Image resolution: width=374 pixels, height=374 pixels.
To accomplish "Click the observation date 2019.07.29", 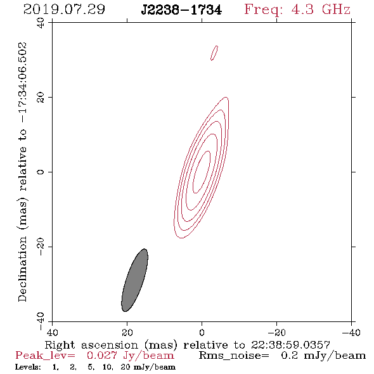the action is tap(64, 10).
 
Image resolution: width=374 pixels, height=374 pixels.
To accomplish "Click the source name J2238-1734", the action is tap(181, 10).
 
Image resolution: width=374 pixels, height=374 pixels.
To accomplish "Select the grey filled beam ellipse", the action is tap(135, 280).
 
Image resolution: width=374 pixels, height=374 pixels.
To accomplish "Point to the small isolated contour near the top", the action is tap(214, 53).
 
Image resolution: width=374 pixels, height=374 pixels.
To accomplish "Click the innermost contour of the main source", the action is tap(202, 172).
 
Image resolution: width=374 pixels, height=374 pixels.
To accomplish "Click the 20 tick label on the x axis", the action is tap(127, 333).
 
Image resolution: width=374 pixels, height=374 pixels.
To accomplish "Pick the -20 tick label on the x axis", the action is tap(276, 333).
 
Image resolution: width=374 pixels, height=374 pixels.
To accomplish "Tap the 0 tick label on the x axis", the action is tap(202, 333).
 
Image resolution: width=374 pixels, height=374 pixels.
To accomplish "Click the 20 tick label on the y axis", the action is tap(41, 98).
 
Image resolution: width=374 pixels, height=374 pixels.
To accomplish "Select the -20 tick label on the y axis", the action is tap(41, 247).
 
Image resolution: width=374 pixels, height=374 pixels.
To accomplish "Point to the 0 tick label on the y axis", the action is tap(41, 172).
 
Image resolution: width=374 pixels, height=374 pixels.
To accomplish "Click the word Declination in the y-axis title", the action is tap(22, 269).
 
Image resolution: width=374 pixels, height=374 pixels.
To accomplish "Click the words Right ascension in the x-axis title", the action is tap(91, 345).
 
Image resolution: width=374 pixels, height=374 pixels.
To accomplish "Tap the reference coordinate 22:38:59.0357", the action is tap(290, 345).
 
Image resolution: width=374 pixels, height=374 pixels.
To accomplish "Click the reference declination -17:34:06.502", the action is tap(22, 82).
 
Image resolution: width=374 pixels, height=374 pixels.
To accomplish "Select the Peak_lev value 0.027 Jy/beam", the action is tap(131, 356).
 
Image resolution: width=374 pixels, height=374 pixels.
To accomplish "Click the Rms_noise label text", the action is tap(234, 356).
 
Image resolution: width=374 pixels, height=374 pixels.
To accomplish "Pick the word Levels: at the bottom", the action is tap(28, 366).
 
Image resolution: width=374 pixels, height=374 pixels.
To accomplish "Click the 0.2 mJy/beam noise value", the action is tap(323, 356).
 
